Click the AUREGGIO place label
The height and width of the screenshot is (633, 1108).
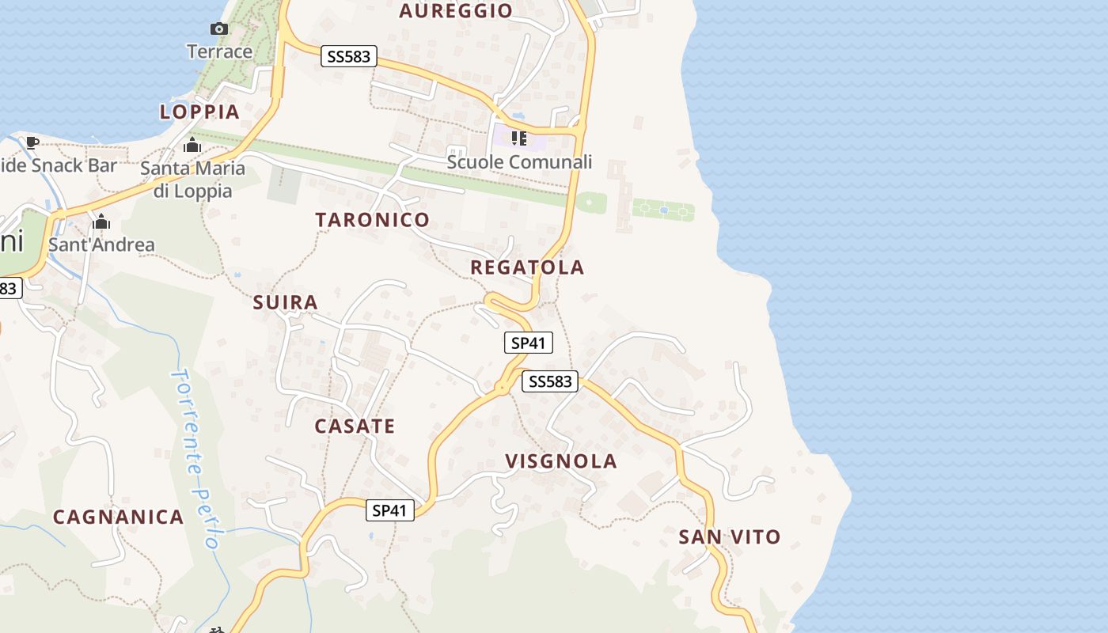pos(456,10)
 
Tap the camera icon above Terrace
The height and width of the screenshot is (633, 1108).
pos(219,29)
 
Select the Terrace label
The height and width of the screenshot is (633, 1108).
pos(219,51)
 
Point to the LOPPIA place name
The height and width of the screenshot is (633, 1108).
pos(199,112)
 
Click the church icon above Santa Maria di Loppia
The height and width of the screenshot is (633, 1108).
pos(192,146)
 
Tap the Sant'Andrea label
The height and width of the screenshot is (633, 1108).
pos(101,244)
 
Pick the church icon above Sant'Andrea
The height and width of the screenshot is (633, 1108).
pos(101,222)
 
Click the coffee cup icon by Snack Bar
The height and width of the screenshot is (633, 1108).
pos(32,142)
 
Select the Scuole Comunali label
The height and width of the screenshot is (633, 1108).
pos(519,162)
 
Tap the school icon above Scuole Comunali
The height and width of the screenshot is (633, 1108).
pos(519,139)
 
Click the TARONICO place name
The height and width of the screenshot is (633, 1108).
pos(373,220)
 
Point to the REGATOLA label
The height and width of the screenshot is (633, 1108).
pos(527,267)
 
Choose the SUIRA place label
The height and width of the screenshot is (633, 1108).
pos(286,302)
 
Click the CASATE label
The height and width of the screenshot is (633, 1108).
pos(355,426)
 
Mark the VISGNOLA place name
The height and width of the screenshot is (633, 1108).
pos(561,461)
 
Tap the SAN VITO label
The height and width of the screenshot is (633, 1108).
pos(730,537)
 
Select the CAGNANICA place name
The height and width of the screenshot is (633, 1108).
pos(119,517)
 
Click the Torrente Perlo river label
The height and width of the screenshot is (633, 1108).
pos(195,459)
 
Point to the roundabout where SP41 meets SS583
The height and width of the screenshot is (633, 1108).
pos(502,388)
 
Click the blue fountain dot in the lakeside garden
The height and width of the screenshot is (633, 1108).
pos(663,210)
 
